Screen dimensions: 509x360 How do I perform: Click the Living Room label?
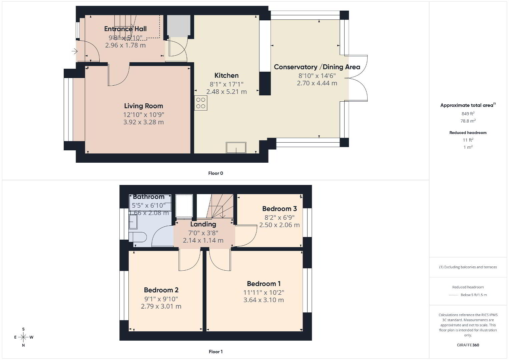pos(143,106)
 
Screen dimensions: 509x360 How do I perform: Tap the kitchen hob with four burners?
pos(201,103)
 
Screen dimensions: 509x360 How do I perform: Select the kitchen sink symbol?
pos(236,148)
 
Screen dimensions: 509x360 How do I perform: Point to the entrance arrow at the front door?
pos(74,51)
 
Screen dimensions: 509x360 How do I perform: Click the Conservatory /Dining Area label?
pos(317,67)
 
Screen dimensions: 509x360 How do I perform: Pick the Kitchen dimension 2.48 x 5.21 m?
pos(226,92)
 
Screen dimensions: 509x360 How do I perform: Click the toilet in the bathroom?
pos(138,237)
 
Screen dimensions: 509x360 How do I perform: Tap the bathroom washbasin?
pos(133,222)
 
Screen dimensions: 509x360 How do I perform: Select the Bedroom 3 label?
pos(280,209)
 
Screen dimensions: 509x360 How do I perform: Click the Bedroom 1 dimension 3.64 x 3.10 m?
pos(264,300)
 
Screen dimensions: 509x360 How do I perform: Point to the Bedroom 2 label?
pos(161,290)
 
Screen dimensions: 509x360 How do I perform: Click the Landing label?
pos(203,224)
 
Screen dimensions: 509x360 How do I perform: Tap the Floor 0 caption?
pos(216,173)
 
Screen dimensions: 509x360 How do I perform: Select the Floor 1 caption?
pos(216,352)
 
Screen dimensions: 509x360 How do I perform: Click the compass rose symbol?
pos(23,337)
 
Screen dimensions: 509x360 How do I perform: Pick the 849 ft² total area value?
pos(468,114)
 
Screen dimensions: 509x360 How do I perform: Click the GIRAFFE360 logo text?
pos(468,345)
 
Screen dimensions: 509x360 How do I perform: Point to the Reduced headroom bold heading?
pos(468,133)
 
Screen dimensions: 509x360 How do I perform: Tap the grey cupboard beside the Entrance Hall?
pos(179,26)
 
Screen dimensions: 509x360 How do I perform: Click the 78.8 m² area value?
pos(468,121)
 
